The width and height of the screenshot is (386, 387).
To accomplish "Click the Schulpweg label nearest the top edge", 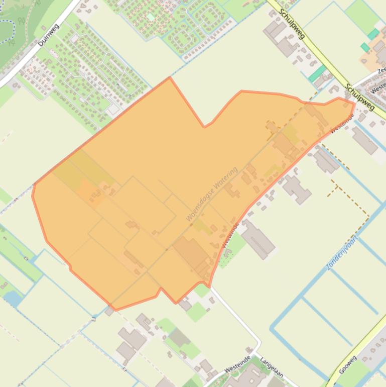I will coord(292,24).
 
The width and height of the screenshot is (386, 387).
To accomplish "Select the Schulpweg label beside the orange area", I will coord(360,96).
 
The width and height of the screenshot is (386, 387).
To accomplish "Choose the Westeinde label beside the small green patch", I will coord(230,235).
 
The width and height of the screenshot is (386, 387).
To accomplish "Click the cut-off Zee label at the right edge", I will coord(381,71).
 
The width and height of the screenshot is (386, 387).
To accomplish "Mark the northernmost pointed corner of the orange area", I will coord(170,78).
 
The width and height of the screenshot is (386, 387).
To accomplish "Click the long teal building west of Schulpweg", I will coord(317,74).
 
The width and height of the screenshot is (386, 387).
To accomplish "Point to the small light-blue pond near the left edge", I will coord(13,298).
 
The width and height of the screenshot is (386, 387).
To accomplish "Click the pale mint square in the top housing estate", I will coord(151,17).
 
